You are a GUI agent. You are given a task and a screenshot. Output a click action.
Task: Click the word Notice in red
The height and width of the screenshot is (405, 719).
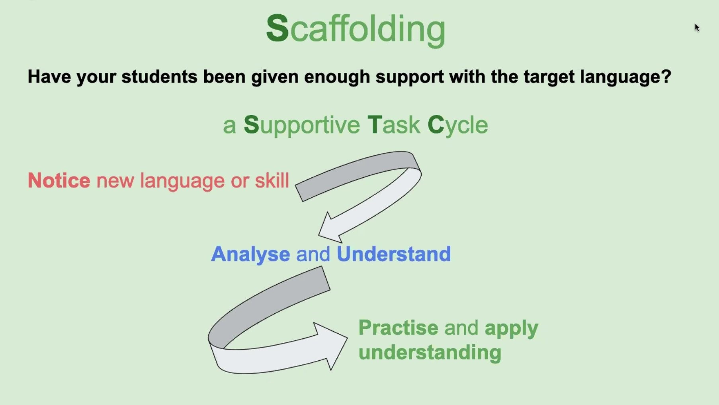click(x=59, y=180)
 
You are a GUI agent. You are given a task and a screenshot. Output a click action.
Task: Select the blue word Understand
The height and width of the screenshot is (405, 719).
click(x=394, y=254)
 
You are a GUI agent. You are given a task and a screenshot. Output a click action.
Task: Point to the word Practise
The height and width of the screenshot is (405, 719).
click(x=398, y=328)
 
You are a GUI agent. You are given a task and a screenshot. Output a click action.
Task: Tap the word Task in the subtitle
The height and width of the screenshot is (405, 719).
click(x=393, y=125)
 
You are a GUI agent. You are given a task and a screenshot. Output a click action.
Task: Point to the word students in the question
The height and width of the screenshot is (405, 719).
click(x=159, y=77)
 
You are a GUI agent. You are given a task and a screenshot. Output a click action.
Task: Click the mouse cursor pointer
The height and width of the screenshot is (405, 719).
click(x=697, y=28)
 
